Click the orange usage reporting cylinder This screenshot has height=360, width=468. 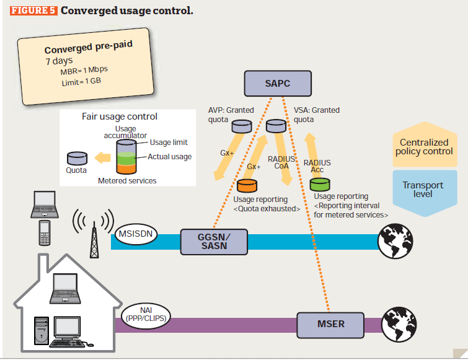tap(247, 185)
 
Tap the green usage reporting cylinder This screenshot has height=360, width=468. tap(320, 184)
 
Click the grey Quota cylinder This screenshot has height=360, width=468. tap(77, 158)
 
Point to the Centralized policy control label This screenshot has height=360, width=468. tap(426, 147)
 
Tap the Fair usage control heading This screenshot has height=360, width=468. tap(120, 116)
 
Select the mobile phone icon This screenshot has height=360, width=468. tap(45, 233)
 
